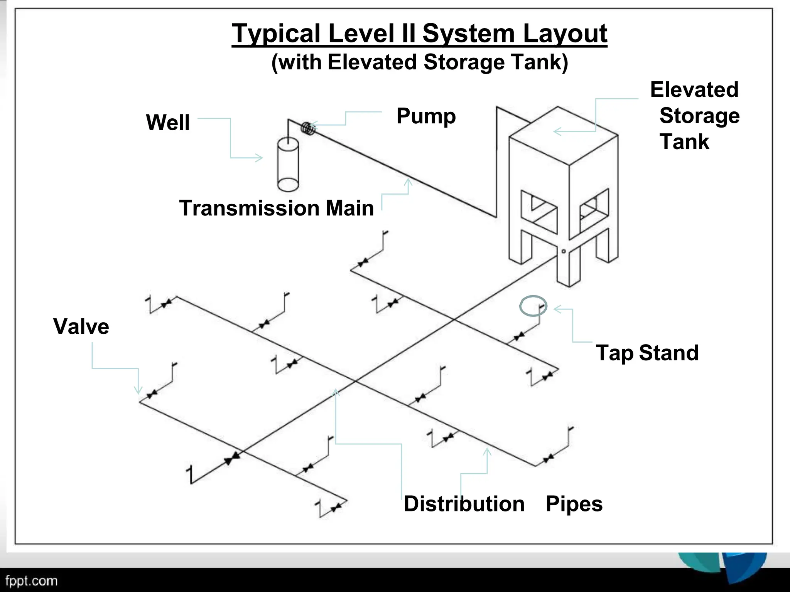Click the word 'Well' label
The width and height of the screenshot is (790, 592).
pos(168,123)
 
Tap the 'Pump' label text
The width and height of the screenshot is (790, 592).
pos(426,116)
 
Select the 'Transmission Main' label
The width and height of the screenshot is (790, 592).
pos(276,208)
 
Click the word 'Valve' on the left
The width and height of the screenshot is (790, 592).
pos(81,326)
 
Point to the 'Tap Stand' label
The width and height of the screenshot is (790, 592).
pos(647,353)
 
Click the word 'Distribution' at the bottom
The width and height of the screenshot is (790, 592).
pos(464,504)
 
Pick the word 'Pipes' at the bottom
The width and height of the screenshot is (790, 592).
pos(574,504)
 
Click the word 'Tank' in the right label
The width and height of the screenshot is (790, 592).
pos(684,141)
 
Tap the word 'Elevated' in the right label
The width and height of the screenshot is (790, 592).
pos(694,90)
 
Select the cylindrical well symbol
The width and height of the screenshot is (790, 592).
pos(288,165)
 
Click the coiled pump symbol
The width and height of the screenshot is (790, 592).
pos(308,128)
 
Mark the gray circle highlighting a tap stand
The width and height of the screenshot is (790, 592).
pos(533,306)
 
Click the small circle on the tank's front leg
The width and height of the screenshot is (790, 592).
pos(564,251)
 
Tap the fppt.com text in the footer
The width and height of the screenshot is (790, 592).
pos(31,580)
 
